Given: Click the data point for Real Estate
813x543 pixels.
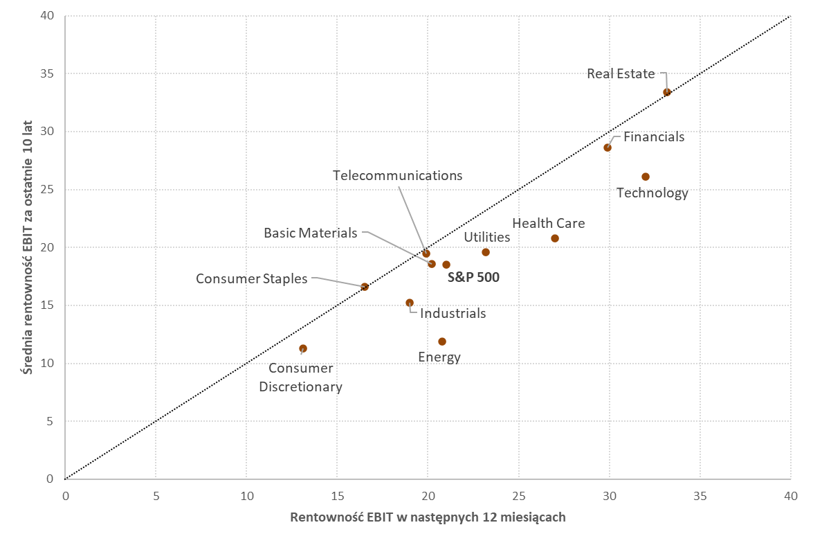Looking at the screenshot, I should click(667, 92).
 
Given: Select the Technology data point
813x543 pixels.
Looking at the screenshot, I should click(646, 177).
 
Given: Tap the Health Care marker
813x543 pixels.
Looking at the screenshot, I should click(555, 238).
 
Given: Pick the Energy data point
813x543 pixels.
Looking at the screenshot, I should click(442, 341).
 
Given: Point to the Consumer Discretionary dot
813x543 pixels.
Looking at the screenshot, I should click(303, 348).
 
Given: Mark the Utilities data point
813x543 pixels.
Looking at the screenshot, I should click(486, 252).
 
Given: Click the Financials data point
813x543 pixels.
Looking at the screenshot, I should click(608, 148).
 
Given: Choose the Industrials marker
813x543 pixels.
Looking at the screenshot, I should click(410, 303).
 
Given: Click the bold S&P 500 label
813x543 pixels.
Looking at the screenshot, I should click(473, 277).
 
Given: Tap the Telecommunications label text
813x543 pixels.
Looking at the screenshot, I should click(397, 175).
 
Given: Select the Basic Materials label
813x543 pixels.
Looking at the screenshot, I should click(311, 233).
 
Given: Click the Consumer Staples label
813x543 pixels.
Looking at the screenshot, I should click(251, 278).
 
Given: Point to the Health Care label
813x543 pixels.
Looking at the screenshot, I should click(548, 223).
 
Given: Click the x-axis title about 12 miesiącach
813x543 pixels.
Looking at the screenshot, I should click(428, 517).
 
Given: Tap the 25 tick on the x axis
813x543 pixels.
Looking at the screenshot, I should click(518, 495).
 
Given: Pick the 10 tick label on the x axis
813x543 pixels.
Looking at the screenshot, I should click(246, 495).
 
